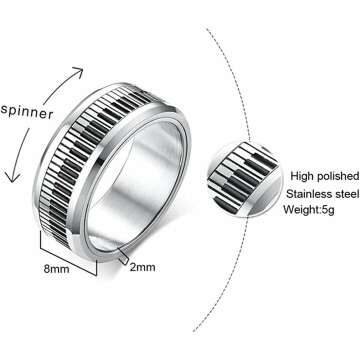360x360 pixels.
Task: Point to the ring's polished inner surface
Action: coord(215,215)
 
